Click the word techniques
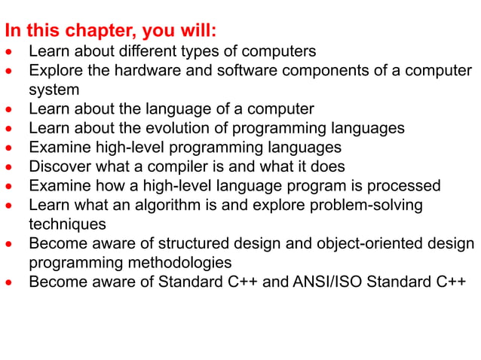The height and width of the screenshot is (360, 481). [x=67, y=224]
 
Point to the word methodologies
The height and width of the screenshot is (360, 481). [x=187, y=263]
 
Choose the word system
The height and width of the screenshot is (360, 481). [x=54, y=90]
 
